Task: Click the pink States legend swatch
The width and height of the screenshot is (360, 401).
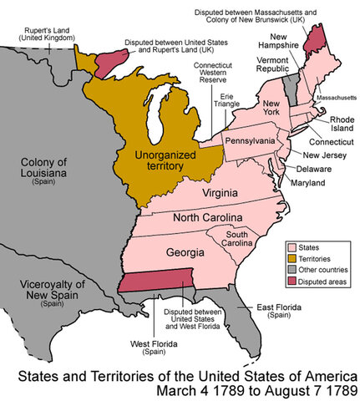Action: (292, 246)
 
